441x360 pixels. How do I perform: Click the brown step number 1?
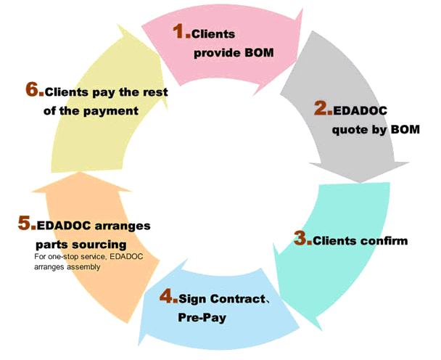(180, 31)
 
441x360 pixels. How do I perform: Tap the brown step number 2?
(321, 108)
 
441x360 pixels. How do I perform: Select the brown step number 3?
(301, 238)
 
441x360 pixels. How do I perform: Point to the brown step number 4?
(167, 296)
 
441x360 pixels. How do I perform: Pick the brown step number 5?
(25, 223)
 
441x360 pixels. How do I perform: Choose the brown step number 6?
(33, 89)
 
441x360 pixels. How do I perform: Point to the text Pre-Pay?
(202, 317)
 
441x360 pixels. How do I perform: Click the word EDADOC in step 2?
(360, 110)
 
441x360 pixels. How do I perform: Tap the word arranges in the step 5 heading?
(123, 226)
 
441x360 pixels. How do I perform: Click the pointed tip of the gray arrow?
(360, 183)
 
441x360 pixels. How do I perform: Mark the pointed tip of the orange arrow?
(81, 172)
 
